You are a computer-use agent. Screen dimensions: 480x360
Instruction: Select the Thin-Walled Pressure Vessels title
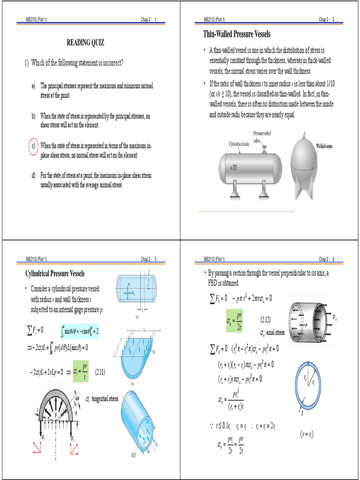pos(237,34)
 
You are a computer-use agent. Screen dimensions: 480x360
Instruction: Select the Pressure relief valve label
pos(263,136)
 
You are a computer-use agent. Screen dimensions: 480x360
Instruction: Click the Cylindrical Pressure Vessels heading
pos(54,273)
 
